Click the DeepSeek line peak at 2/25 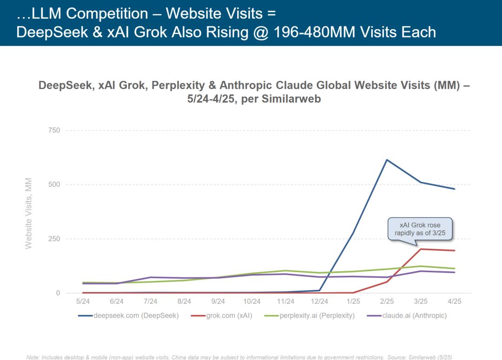pos(387,160)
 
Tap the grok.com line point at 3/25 pos(421,249)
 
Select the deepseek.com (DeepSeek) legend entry pos(128,316)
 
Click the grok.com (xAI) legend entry pos(222,316)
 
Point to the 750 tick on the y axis pos(54,131)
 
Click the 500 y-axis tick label pos(54,184)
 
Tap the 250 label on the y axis pos(54,239)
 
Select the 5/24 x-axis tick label pos(83,301)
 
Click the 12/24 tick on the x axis pos(319,301)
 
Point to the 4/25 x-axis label pos(455,301)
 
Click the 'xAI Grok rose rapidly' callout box pos(420,229)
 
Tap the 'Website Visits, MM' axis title pos(29,213)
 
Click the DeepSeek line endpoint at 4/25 pos(455,189)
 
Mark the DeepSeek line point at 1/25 pos(353,233)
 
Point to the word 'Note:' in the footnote pos(33,357)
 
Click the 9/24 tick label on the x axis pos(218,301)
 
